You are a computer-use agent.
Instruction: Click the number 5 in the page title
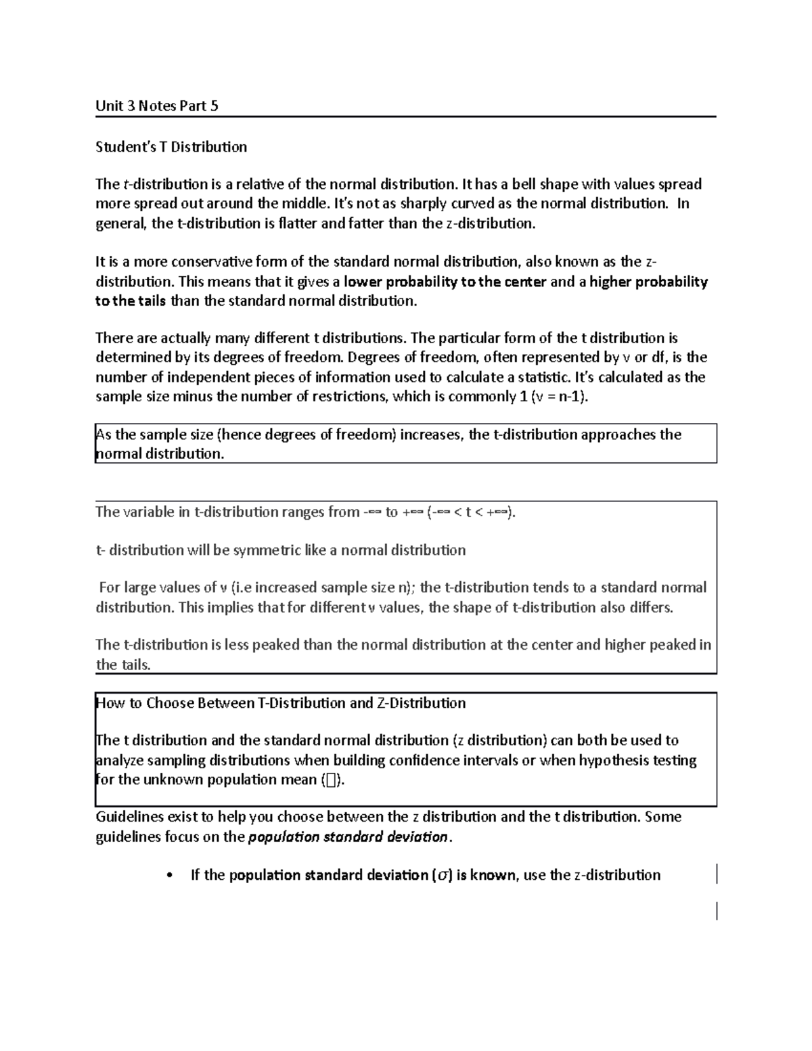click(x=214, y=106)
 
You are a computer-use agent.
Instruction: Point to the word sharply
click(x=407, y=203)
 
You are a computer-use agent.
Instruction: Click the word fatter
click(x=366, y=223)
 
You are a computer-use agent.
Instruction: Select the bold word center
click(x=520, y=282)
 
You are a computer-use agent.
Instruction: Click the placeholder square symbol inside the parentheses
click(x=330, y=780)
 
